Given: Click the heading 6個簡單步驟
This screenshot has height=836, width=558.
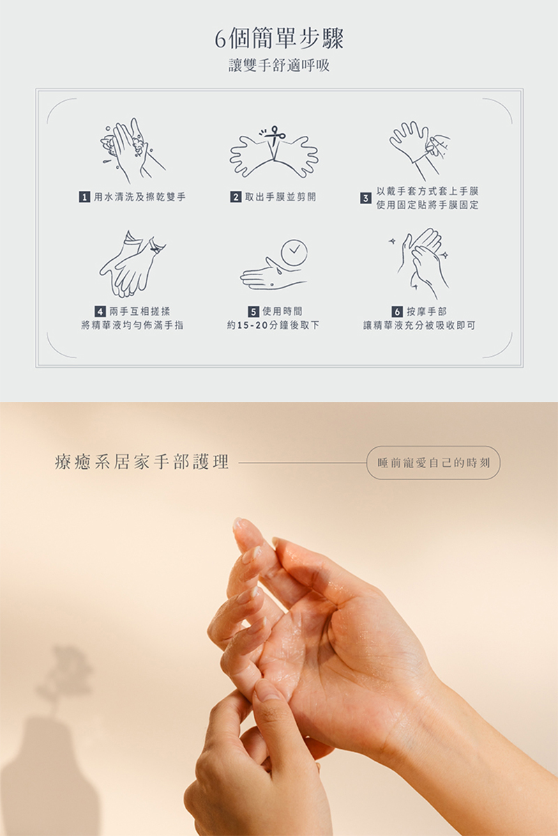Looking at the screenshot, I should point(279,39).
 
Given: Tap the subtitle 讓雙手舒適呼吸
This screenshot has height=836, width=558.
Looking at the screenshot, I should point(279,66).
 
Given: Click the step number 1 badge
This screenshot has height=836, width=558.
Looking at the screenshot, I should point(84,197).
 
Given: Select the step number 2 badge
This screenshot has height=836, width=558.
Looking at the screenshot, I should point(236,197).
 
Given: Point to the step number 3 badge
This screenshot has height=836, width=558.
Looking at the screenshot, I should point(365,199).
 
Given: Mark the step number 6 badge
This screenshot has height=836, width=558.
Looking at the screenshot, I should point(397,311).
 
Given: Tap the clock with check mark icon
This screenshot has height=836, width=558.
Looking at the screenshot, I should point(293,249).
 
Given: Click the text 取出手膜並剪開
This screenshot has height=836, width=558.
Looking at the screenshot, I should point(280,197).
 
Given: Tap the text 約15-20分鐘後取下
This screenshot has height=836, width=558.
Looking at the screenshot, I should point(273,325).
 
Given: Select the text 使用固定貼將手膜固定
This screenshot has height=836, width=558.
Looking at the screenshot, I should point(427,206).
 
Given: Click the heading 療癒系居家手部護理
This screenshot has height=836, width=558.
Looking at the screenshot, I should point(142,462).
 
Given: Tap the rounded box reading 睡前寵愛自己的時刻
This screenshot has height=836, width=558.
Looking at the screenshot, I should point(433,463).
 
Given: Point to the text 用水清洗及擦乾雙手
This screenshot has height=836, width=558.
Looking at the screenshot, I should point(140,197).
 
